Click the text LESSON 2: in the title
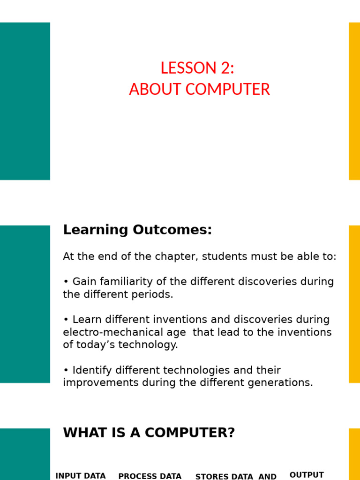pyautogui.click(x=197, y=68)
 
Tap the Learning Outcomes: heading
pyautogui.click(x=137, y=230)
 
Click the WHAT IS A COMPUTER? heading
pyautogui.click(x=149, y=433)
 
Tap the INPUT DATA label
pyautogui.click(x=81, y=476)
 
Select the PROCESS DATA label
pyautogui.click(x=150, y=476)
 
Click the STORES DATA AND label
pyautogui.click(x=236, y=476)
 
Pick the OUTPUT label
pyautogui.click(x=307, y=475)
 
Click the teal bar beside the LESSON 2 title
pyautogui.click(x=25, y=101)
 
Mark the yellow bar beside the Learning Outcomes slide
pyautogui.click(x=354, y=304)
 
